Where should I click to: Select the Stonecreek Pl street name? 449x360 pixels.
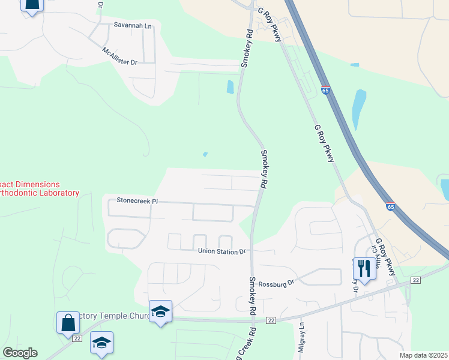tap(137, 200)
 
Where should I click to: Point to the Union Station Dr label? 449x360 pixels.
tap(222, 251)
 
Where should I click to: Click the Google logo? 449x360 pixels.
tap(20, 353)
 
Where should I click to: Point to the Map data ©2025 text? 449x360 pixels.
tap(423, 355)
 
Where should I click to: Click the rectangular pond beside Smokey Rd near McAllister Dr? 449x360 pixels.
tap(230, 87)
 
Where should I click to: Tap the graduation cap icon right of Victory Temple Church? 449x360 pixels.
tap(160, 311)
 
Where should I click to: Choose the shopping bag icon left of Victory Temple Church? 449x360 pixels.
tap(68, 322)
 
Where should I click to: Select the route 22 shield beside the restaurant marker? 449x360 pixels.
tap(415, 280)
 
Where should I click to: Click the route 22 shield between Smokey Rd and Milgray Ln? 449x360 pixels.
tap(271, 321)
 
